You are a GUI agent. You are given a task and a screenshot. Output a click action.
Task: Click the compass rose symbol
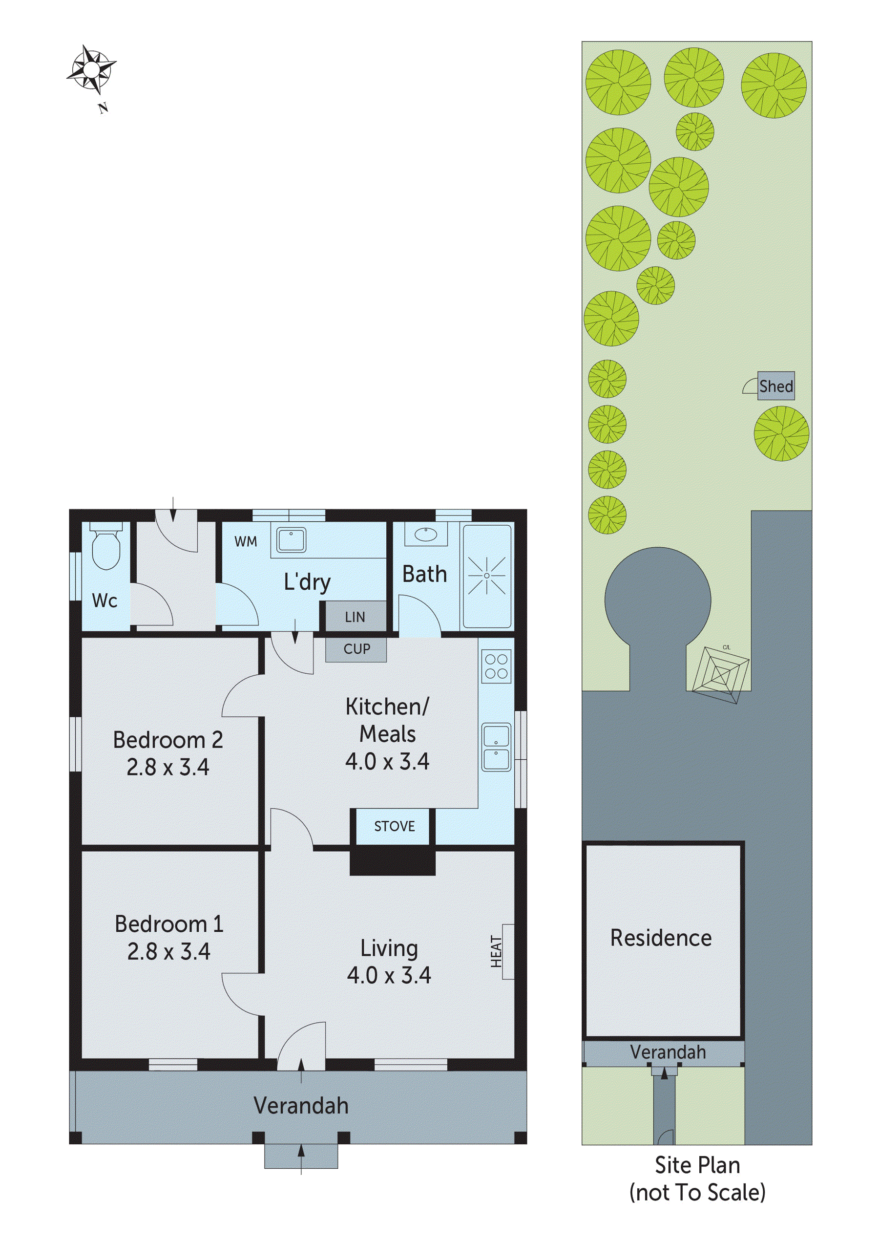point(91,69)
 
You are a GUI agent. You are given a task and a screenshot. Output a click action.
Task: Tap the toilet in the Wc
point(105,548)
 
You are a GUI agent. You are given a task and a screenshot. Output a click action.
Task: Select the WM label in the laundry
point(246,541)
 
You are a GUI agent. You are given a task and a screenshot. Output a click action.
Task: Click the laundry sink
point(292,539)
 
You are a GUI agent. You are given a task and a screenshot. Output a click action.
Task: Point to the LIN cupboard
point(356,617)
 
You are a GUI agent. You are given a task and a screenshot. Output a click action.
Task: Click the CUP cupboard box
point(356,649)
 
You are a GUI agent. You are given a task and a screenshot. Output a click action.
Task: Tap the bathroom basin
point(427,535)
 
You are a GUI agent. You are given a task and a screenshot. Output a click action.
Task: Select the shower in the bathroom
point(486,576)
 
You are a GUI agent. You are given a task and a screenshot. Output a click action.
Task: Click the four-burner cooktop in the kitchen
point(496,666)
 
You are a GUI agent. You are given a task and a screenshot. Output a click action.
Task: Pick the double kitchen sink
point(496,747)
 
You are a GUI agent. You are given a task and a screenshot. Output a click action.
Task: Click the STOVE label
point(394,826)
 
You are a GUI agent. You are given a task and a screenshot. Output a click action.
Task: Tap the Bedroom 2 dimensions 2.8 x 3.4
point(168,767)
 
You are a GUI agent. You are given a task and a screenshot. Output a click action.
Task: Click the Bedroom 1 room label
point(169,924)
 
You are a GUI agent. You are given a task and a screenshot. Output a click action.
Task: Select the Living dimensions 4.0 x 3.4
point(389,975)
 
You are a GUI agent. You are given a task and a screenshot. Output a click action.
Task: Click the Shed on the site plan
point(775,386)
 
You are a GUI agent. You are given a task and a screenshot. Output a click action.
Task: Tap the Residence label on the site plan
point(661,938)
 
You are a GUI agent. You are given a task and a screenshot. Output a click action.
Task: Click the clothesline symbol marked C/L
point(721,675)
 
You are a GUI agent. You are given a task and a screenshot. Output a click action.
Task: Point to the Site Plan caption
point(697,1165)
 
